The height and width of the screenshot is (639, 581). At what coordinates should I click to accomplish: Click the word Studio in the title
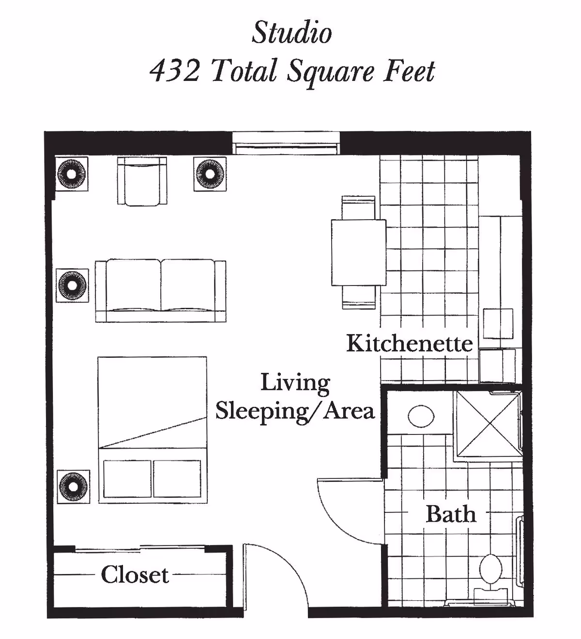click(x=291, y=33)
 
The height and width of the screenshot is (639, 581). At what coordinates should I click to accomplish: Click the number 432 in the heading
click(x=175, y=71)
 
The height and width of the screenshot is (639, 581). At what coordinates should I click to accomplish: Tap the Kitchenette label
click(x=409, y=343)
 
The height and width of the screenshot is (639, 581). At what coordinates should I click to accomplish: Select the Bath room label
click(x=450, y=514)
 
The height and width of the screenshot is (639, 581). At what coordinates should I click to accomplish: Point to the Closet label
click(x=135, y=575)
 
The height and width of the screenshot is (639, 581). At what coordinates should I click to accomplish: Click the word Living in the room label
click(x=295, y=383)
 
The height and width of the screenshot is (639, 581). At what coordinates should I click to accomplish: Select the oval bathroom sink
click(x=421, y=416)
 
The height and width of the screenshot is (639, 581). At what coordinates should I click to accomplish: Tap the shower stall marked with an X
click(x=488, y=424)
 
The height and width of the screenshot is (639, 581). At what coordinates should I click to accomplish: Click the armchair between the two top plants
click(x=142, y=181)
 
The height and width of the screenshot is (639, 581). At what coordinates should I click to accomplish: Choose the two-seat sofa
click(x=160, y=290)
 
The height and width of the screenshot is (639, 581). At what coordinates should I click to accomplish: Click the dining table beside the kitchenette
click(x=358, y=252)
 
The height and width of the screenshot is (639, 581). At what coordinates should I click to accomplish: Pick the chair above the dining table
click(x=358, y=208)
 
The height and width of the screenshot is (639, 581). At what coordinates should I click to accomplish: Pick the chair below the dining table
click(x=358, y=297)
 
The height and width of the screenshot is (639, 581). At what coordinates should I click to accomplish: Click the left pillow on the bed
click(x=127, y=479)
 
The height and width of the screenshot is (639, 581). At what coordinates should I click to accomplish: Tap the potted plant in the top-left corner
click(x=71, y=173)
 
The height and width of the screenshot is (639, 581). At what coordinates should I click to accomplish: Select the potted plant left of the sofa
click(x=72, y=285)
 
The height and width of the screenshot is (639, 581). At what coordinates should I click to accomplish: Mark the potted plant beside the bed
click(x=73, y=486)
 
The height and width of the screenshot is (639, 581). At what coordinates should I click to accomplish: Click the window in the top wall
click(x=286, y=144)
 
